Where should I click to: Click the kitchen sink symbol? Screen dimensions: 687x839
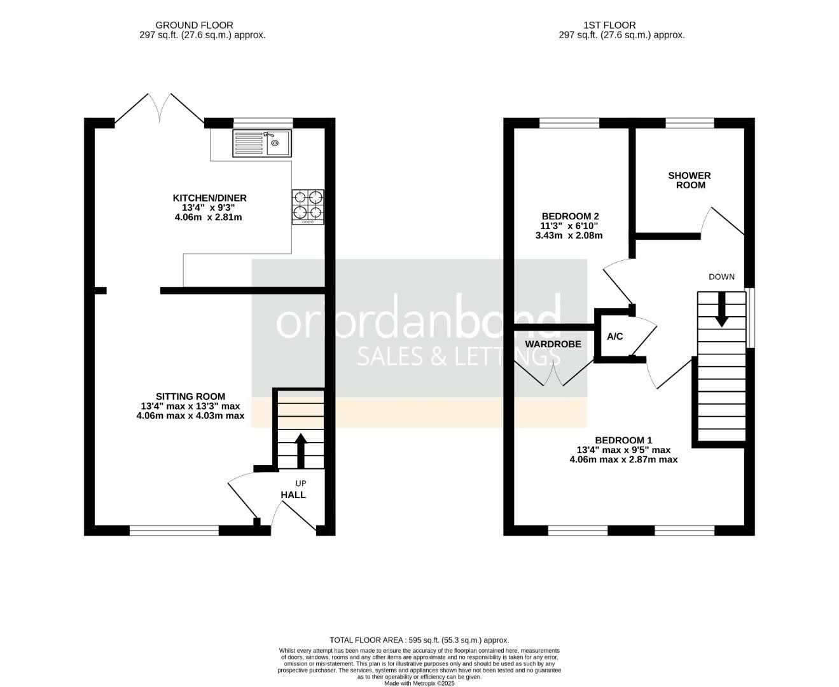click(261, 143)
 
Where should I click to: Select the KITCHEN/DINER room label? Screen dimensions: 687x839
click(209, 198)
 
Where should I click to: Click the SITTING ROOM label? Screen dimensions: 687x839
click(190, 396)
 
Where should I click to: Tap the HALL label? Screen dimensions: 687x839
click(293, 495)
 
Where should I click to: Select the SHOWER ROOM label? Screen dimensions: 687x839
click(690, 180)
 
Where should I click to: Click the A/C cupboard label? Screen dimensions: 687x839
click(615, 337)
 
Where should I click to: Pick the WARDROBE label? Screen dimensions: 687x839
click(553, 344)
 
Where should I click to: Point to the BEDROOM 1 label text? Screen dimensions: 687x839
click(623, 440)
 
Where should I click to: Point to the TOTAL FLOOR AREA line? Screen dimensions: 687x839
click(419, 640)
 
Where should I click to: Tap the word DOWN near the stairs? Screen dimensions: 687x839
click(721, 277)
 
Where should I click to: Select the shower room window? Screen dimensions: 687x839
click(690, 123)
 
